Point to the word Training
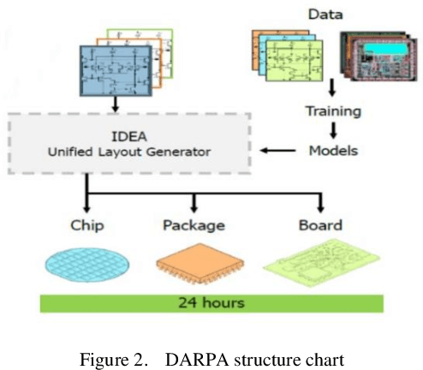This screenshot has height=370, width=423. pos(332,110)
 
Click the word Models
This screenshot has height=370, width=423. pos(332,151)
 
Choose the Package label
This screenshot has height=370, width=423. pos(194,226)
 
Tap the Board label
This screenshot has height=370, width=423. pos(320,226)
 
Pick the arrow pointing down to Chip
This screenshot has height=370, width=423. pos(86,204)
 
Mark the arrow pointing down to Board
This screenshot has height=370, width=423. pos(320,204)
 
